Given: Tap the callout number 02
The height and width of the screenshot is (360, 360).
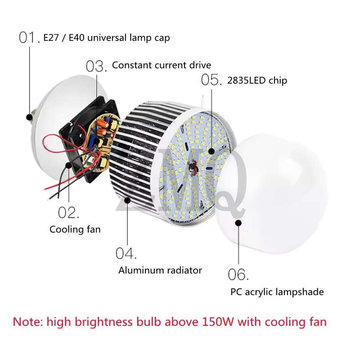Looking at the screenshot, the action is point(68,212).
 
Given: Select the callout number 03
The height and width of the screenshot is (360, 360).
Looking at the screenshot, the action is point(96,66).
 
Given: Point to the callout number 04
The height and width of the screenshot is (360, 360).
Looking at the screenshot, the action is point(126,253).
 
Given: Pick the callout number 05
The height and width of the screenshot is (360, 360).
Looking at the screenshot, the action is point(211,80).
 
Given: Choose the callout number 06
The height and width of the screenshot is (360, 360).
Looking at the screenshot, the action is point(238,274).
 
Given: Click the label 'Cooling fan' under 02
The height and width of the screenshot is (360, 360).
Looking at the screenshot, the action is point(75,229).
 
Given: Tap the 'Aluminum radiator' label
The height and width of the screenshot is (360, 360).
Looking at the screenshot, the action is point(160,270).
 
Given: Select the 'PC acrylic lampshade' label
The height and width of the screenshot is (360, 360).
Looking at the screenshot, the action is point(277,292).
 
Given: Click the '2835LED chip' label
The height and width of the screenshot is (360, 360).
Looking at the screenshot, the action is point(257,81).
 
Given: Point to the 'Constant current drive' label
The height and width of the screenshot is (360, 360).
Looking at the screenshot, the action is point(162,65).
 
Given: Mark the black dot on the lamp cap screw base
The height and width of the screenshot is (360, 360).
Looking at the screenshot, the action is point(29,117).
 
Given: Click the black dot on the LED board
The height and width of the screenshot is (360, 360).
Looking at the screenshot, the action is point(211,151).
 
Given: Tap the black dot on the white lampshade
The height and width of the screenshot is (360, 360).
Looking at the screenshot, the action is point(238,223).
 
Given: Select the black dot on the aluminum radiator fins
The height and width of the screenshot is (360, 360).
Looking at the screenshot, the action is point(127,200).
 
